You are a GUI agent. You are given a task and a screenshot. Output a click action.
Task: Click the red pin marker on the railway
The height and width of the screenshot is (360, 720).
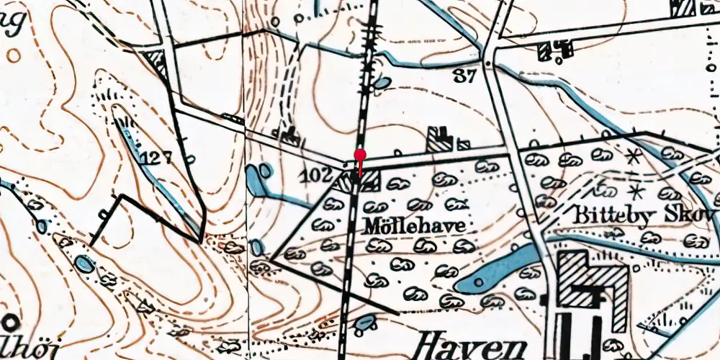[x=360, y=154]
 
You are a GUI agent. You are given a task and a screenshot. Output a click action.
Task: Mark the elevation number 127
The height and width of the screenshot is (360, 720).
[x=156, y=156]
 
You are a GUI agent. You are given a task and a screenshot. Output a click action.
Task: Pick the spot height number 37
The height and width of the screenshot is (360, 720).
[x=465, y=76]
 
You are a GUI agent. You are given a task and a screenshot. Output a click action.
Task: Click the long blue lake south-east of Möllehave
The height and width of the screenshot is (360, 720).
[x=497, y=270]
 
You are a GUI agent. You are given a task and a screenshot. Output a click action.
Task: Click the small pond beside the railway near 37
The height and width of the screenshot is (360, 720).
[x=381, y=84]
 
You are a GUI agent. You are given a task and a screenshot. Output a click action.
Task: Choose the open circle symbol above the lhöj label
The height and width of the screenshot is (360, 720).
[x=11, y=322]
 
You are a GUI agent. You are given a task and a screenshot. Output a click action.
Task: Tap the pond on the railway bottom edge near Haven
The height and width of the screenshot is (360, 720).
[x=365, y=322]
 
